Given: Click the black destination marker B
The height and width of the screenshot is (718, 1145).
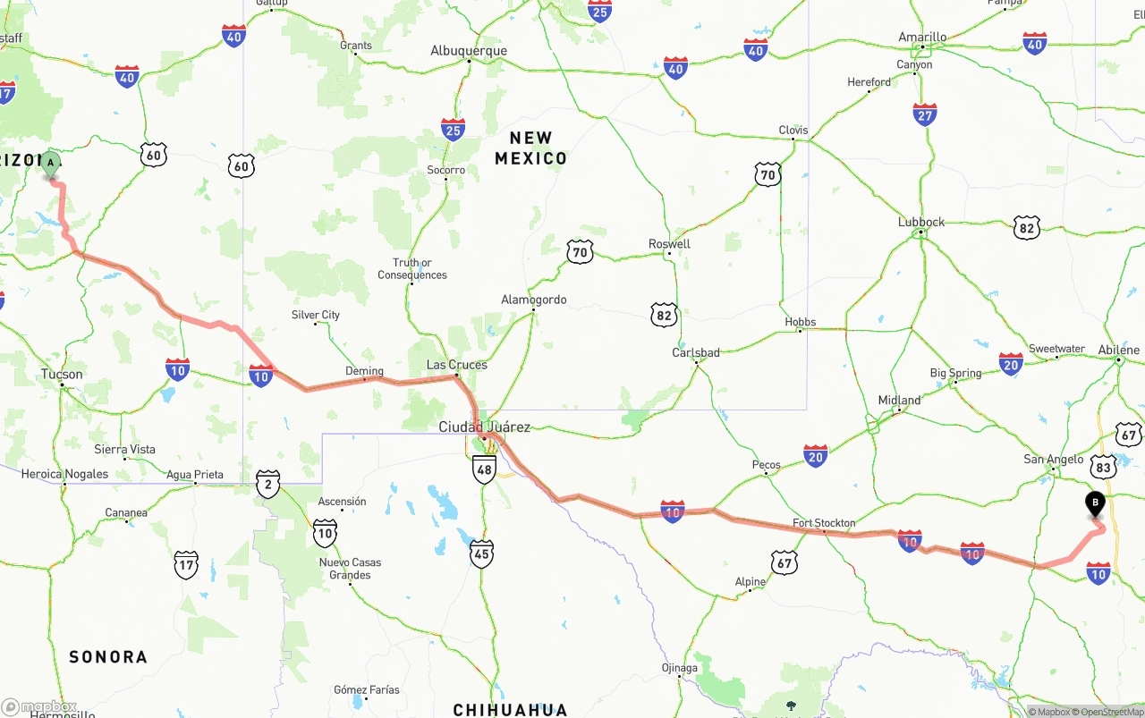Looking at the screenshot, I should pos(1095,504).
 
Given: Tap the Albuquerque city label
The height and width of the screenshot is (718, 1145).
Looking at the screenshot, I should pos(469,51).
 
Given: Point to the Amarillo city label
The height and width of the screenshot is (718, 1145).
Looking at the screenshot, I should pos(922,38).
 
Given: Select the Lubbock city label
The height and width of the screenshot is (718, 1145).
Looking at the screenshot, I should pos(921,222).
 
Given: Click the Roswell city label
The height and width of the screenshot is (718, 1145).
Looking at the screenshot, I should pos(669,244).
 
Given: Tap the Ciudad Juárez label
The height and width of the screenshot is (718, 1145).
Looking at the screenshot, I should pos(484,427).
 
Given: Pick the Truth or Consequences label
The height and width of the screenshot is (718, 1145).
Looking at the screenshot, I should pos(412,269).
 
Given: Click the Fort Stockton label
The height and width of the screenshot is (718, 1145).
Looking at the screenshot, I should pos(824,523).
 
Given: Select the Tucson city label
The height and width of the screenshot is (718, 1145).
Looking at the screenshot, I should pos(62,375).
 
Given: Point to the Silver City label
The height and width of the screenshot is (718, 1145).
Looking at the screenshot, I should pos(316,315).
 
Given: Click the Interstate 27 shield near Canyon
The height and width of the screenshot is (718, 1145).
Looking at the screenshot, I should pos(925,114).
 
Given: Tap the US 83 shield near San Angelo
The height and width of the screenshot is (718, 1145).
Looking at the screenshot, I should pos(1103,467).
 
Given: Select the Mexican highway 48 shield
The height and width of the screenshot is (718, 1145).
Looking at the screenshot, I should pos(484,469).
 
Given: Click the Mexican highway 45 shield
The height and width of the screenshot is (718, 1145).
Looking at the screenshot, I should pos(482,554).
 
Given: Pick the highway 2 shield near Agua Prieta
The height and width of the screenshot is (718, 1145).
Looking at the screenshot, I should pos(267,483).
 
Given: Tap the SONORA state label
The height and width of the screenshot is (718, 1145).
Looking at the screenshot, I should pos(108,657).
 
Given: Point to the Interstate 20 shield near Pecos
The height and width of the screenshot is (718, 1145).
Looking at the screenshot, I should pos(815,457).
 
